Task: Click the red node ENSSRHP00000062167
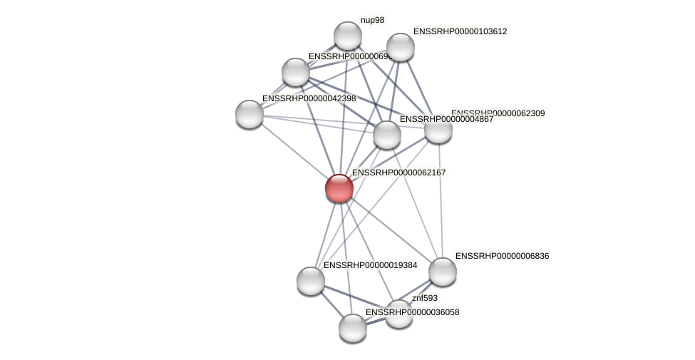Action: [x=339, y=188]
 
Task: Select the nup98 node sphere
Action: [x=348, y=36]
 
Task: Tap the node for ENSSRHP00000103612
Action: [x=400, y=47]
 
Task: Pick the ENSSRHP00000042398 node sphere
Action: [x=249, y=114]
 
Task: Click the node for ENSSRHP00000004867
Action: [x=387, y=135]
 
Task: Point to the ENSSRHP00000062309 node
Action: [x=438, y=129]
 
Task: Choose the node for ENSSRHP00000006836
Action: [x=442, y=272]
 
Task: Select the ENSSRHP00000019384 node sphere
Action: [x=311, y=281]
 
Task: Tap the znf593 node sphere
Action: [x=399, y=314]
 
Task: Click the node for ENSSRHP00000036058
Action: [x=353, y=328]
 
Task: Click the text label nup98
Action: [x=372, y=21]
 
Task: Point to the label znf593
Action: [x=425, y=298]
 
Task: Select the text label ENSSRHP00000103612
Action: [x=460, y=31]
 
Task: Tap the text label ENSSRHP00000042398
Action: [x=309, y=98]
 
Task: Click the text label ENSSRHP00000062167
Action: [x=398, y=173]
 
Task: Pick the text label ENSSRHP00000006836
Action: [x=502, y=256]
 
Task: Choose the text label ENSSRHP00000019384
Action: [x=370, y=265]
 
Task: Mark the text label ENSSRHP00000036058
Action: [x=413, y=312]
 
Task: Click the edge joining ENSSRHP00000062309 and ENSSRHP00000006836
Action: [x=441, y=200]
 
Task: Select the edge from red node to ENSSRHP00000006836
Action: [x=391, y=230]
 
